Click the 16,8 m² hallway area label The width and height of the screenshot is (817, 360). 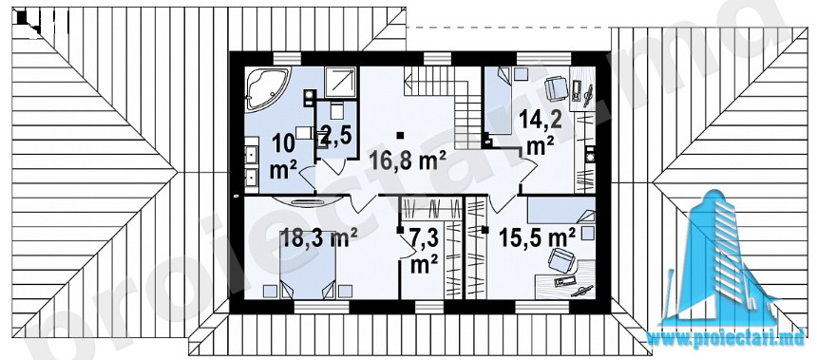(x=407, y=161)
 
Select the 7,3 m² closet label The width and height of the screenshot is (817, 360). (x=424, y=252)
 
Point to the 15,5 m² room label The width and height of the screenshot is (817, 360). (x=537, y=237)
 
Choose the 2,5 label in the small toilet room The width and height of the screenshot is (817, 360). (x=336, y=137)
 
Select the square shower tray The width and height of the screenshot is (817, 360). (x=341, y=83)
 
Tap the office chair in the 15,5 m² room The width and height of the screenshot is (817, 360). (x=560, y=260)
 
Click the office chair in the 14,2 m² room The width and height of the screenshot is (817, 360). (x=556, y=88)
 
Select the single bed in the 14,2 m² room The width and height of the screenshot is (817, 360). (x=497, y=101)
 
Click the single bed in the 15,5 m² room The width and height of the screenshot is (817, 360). (x=560, y=209)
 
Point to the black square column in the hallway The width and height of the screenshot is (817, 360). (x=400, y=136)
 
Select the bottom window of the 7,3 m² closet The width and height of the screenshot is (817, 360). (x=429, y=308)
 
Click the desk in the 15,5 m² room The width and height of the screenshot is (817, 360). (x=565, y=278)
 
